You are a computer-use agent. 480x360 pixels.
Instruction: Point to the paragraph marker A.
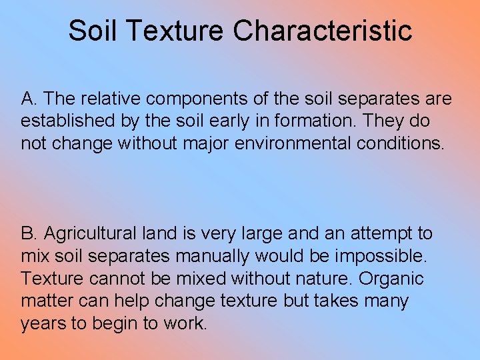pos(29,99)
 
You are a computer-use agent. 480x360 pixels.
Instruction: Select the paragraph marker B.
pos(29,234)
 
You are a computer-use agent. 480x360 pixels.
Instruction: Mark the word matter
pos(44,301)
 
